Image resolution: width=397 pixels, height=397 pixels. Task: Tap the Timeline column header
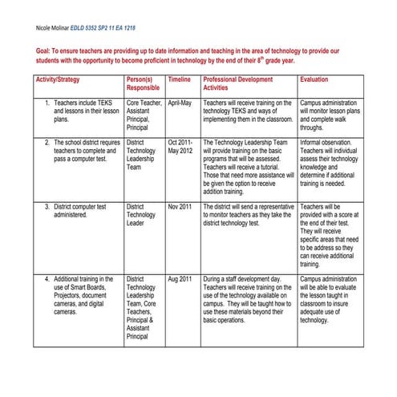click(x=180, y=81)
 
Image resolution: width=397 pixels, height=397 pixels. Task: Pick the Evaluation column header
click(x=315, y=81)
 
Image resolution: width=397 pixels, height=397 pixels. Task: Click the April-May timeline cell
click(x=181, y=104)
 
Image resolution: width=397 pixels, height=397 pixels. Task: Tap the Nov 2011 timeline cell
click(x=180, y=207)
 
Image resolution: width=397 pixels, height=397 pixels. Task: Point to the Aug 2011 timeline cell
click(x=180, y=279)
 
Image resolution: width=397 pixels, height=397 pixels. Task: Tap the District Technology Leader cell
click(x=142, y=215)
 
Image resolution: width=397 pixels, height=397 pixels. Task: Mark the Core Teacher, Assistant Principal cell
click(x=144, y=116)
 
